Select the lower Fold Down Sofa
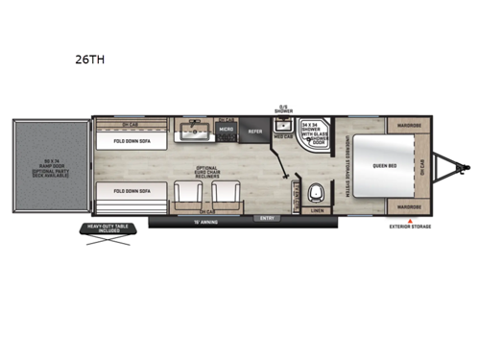132,192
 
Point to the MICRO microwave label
227,128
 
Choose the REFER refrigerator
255,131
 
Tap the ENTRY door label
266,218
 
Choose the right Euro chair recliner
224,197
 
